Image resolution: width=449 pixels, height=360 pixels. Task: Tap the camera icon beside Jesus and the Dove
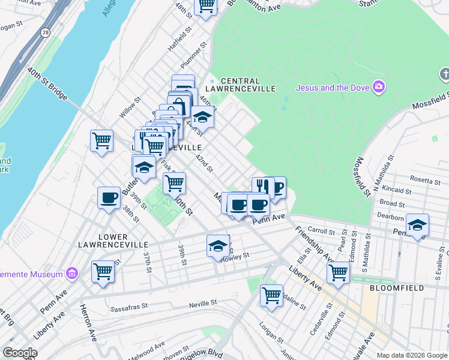pyautogui.click(x=378, y=88)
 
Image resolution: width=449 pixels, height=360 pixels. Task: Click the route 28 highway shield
pyautogui.click(x=44, y=34)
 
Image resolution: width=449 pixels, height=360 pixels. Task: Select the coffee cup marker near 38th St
pyautogui.click(x=109, y=198)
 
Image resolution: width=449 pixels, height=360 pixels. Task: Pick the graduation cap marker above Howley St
pyautogui.click(x=218, y=246)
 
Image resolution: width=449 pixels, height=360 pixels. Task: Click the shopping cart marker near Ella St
pyautogui.click(x=338, y=272)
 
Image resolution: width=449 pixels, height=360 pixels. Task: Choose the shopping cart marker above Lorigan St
pyautogui.click(x=271, y=295)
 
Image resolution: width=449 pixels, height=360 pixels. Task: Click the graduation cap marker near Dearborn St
pyautogui.click(x=417, y=225)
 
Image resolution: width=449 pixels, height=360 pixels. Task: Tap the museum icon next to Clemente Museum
pyautogui.click(x=72, y=274)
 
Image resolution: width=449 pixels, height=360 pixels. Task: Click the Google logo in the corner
pyautogui.click(x=20, y=353)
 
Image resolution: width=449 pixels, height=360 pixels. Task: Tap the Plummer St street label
pyautogui.click(x=194, y=55)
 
